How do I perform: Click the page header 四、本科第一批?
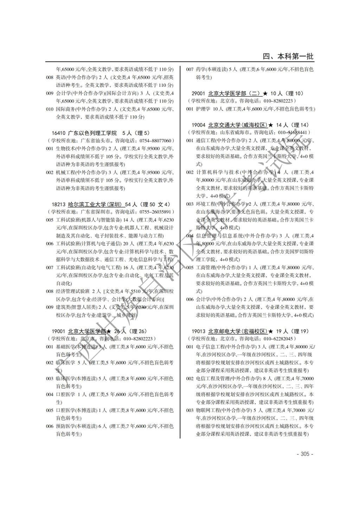pos(288,56)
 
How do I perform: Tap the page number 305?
pos(305,454)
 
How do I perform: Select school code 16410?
pos(58,133)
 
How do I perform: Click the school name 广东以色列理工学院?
pos(92,133)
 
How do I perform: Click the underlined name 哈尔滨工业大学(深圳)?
pos(95,204)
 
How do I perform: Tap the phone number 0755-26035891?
pos(155,212)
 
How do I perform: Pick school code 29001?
pos(199,94)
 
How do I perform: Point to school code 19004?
pos(199,125)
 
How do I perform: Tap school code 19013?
pos(199,331)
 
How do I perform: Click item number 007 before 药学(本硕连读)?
pos(190,69)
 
